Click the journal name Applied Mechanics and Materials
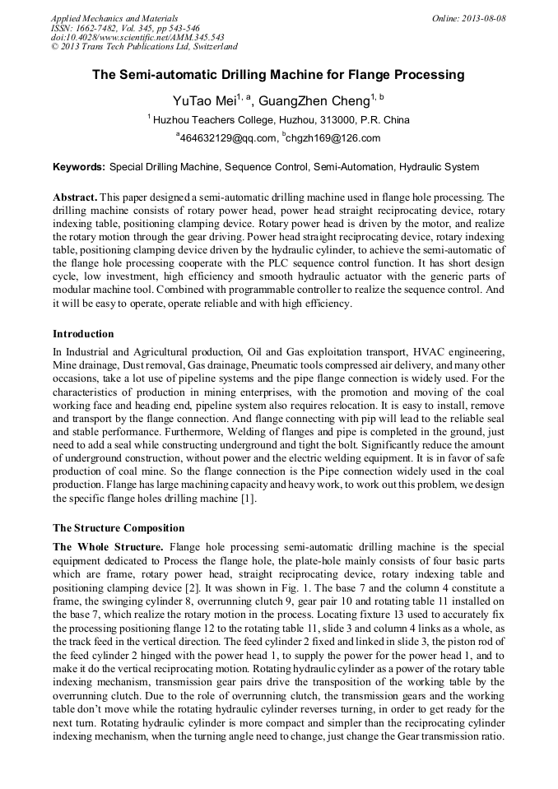[x=114, y=17]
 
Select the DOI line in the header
[x=137, y=37]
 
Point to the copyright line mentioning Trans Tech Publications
[x=144, y=47]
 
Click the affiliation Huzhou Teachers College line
[x=281, y=120]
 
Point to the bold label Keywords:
[x=79, y=167]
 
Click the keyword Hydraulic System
[x=439, y=167]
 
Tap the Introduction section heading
[x=83, y=334]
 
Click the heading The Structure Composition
[x=119, y=527]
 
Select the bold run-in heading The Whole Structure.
[x=108, y=546]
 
